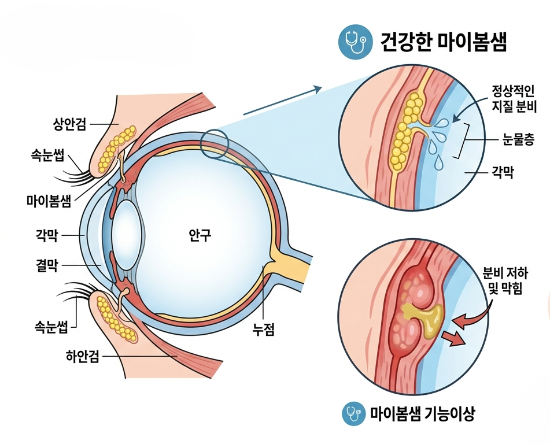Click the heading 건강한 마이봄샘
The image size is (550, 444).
444,42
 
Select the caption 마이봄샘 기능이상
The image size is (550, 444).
423,414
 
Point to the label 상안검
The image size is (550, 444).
69,124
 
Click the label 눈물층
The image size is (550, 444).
518,139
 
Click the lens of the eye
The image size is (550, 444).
127,235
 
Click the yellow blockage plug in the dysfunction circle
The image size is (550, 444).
425,319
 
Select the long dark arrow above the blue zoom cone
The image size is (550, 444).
282,100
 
